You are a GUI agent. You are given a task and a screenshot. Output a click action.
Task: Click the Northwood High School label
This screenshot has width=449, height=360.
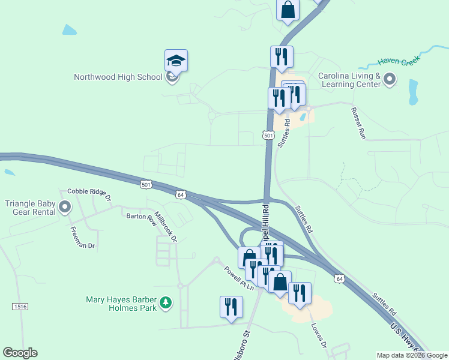click(118, 77)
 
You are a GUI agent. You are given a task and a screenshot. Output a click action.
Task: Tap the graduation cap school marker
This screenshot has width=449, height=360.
click(176, 61)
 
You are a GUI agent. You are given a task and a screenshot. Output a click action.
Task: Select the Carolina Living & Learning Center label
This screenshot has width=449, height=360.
click(349, 80)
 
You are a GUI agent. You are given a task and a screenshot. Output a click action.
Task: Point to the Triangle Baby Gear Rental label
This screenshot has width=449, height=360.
click(30, 208)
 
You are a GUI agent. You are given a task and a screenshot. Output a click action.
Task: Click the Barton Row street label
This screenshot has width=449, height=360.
click(139, 217)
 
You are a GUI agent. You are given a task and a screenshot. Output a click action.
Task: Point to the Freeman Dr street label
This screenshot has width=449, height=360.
click(82, 238)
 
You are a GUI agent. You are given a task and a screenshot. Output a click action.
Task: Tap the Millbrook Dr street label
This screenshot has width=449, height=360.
click(166, 226)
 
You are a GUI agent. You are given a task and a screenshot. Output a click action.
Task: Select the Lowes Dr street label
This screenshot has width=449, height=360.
click(318, 335)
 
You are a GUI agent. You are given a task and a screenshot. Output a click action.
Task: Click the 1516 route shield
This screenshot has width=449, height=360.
click(20, 306)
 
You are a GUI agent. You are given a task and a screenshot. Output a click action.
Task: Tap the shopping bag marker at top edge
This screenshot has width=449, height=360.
click(288, 10)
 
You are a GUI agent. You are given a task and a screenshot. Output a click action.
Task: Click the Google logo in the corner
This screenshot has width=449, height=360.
click(20, 353)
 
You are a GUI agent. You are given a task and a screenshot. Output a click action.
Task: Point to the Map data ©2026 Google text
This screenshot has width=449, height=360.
click(411, 355)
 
